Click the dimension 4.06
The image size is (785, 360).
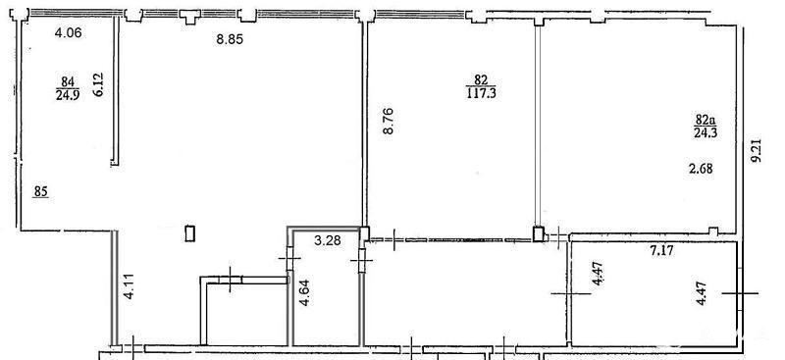tap(68, 33)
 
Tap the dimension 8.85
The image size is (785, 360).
tap(230, 39)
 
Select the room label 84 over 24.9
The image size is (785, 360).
tap(68, 88)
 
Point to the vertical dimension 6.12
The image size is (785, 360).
tap(98, 84)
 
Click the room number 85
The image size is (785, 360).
tap(41, 191)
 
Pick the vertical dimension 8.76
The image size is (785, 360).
tap(388, 121)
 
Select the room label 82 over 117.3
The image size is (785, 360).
tap(481, 86)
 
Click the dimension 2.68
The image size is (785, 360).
tap(700, 170)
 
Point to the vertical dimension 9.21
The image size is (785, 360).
tap(756, 150)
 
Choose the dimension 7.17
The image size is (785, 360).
tap(660, 250)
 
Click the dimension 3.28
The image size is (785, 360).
tap(328, 241)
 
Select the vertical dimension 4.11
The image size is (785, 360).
tap(130, 286)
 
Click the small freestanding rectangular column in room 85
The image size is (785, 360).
tap(189, 233)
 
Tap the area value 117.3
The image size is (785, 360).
tap(481, 93)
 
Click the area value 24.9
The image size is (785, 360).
tap(68, 95)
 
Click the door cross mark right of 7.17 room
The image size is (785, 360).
tap(740, 293)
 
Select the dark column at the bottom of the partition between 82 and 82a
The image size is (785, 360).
tap(538, 234)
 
